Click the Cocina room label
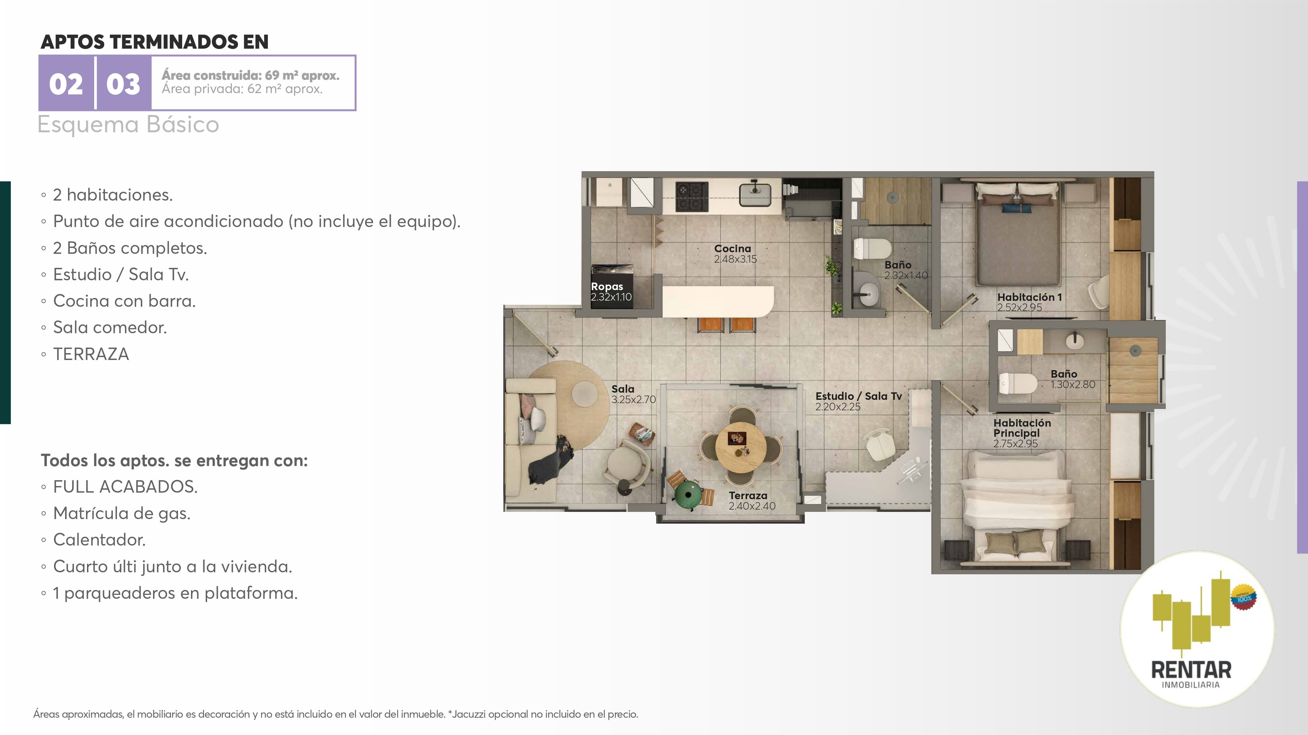click(732, 249)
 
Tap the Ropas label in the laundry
click(607, 286)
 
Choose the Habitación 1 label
click(1029, 297)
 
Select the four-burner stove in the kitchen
click(692, 197)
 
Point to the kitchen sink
click(755, 193)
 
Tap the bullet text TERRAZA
click(91, 354)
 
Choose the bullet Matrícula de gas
click(122, 513)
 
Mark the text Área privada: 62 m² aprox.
click(242, 89)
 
